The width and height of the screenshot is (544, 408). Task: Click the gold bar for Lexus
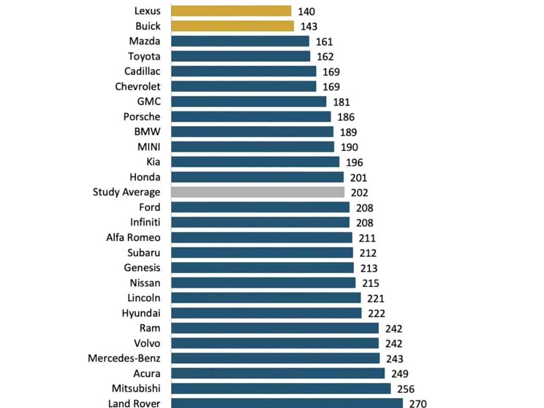click(x=231, y=11)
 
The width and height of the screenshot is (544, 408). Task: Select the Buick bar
click(x=232, y=26)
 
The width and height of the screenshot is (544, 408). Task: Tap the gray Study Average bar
click(x=258, y=192)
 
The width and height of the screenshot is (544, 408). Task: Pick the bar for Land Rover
click(x=287, y=403)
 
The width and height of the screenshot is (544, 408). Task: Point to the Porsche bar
click(x=251, y=116)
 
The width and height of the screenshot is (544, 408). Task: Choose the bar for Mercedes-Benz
click(x=275, y=358)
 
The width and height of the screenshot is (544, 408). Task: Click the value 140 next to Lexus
click(x=306, y=11)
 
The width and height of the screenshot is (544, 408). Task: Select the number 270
click(x=418, y=403)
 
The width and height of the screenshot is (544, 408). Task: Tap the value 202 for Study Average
click(x=360, y=193)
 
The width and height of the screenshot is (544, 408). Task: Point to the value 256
click(x=406, y=389)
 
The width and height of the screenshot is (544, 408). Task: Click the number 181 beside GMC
click(x=342, y=102)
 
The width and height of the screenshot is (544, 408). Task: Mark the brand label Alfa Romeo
click(x=133, y=238)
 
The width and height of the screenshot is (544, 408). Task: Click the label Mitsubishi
click(x=136, y=388)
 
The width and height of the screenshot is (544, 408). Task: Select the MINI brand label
click(x=149, y=147)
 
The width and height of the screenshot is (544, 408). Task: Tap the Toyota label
click(x=144, y=57)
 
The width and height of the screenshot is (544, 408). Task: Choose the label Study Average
click(x=127, y=192)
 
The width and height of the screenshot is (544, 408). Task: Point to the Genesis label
click(x=142, y=268)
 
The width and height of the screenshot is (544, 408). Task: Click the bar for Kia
click(x=255, y=162)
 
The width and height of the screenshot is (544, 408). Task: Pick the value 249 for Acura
click(x=400, y=374)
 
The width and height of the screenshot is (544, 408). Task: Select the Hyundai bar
click(x=266, y=313)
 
